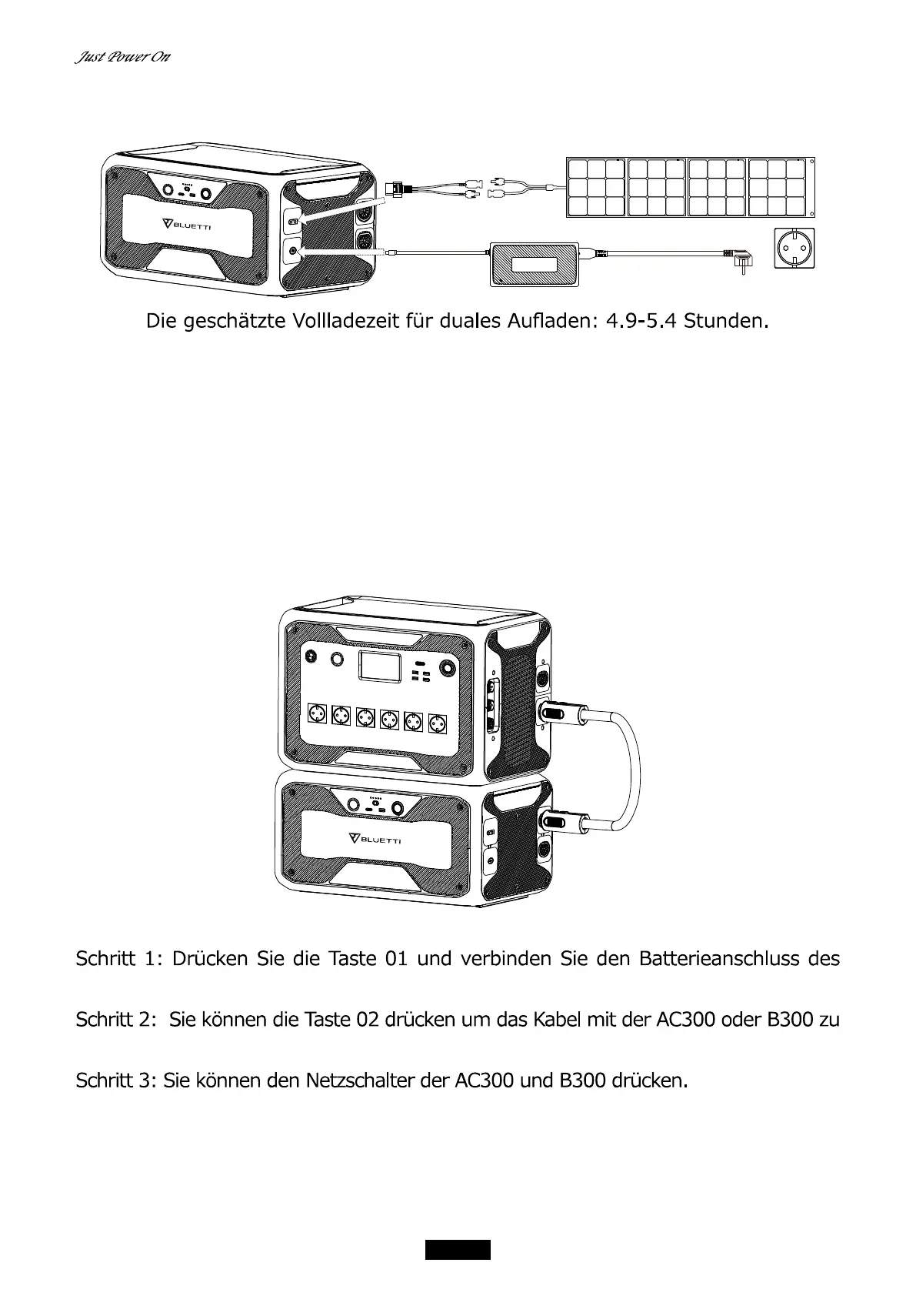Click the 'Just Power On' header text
[122, 58]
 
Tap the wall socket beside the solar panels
[793, 249]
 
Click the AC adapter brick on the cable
[535, 264]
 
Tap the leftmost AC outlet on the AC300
[317, 715]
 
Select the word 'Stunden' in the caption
[725, 321]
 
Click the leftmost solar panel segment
[596, 187]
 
